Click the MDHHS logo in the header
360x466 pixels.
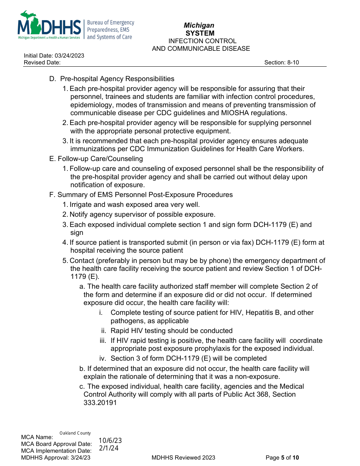pos(49,25)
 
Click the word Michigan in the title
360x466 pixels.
pos(199,25)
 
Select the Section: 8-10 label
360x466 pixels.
pos(281,63)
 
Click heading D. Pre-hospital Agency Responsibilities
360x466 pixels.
pos(112,79)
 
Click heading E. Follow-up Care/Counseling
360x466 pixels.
pos(96,159)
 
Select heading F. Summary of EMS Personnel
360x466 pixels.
pos(141,195)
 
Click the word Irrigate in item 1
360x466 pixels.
pos(81,205)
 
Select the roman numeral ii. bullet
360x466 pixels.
pos(103,331)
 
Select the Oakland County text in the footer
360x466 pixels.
pos(75,433)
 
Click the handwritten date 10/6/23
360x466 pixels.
pos(110,441)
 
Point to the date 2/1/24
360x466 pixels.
pos(109,448)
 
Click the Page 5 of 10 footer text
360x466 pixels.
pos(282,458)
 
